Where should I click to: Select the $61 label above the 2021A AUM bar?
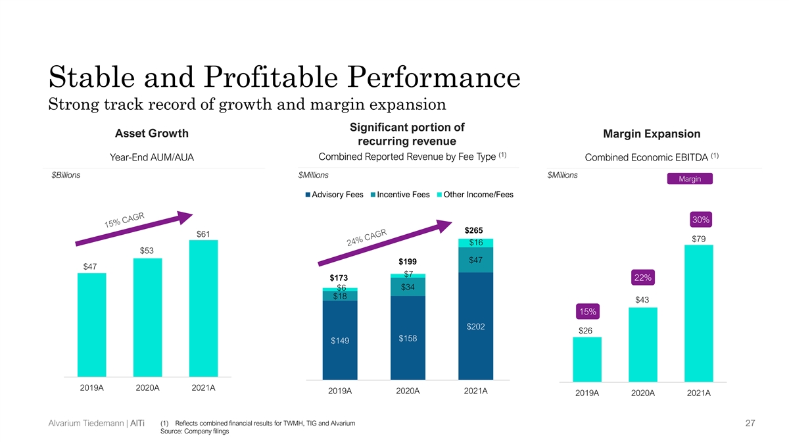tap(204, 234)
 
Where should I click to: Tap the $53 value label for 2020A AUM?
tap(148, 251)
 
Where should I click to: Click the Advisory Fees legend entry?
tap(335, 195)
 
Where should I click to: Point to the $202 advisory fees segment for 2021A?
tap(476, 327)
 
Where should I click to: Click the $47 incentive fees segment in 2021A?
tap(476, 260)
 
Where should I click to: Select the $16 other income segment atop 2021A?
tap(476, 243)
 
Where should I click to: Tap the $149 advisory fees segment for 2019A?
tap(340, 340)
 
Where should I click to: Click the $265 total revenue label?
tap(474, 230)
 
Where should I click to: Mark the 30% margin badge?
tap(699, 219)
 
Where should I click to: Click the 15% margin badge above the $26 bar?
tap(586, 310)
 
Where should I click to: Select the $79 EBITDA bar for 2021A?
tap(699, 313)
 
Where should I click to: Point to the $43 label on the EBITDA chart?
tap(642, 300)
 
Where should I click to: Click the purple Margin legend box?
tap(690, 180)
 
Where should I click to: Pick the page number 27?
tap(750, 425)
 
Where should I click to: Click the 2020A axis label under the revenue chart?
tap(408, 391)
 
